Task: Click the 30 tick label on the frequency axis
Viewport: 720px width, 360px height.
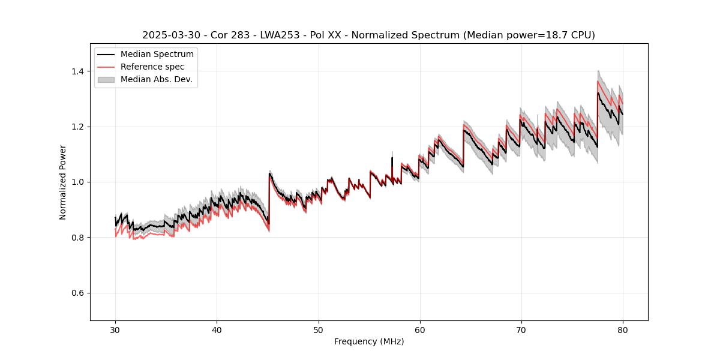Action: coord(115,329)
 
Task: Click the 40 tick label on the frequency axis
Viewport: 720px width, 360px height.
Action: coord(217,329)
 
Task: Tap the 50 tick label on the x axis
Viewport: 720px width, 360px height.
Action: coord(318,329)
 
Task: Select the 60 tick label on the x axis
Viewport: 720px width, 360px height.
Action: coord(419,329)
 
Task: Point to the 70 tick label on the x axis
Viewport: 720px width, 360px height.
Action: coord(521,329)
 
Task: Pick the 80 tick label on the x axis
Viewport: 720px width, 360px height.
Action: coord(622,329)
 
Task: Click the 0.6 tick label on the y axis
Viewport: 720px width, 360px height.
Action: coord(78,293)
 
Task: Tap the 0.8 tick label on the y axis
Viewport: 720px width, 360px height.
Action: coord(78,238)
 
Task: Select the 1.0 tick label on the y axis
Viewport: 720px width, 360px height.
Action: coord(78,182)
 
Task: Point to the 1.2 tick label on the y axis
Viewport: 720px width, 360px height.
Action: coord(78,127)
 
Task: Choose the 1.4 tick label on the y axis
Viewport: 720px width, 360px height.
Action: coord(78,71)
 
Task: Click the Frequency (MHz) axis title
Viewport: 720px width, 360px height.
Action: coord(369,341)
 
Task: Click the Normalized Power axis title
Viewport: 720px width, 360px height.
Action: coord(63,182)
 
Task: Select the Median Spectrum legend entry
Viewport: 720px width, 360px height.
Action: coord(157,54)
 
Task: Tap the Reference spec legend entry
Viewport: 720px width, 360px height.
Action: coord(152,67)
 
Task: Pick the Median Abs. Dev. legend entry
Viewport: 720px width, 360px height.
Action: coord(156,79)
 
